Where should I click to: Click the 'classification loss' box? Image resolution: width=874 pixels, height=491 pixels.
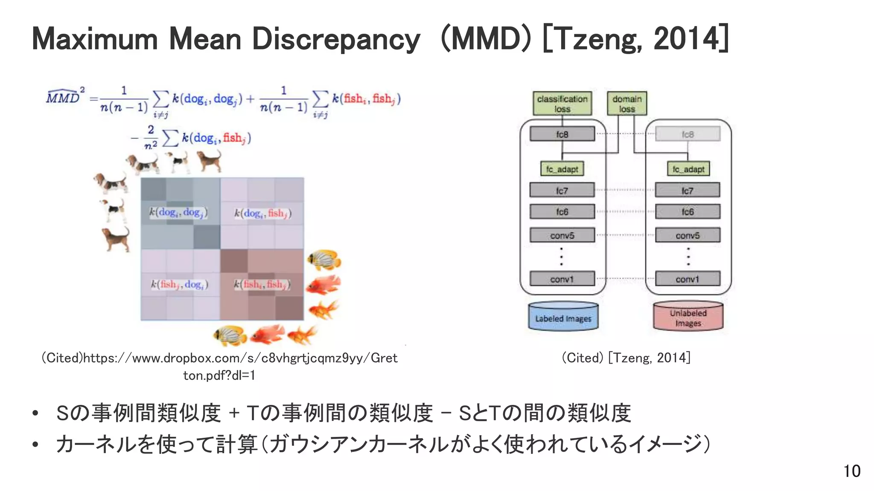(562, 104)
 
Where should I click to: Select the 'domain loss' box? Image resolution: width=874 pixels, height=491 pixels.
(627, 104)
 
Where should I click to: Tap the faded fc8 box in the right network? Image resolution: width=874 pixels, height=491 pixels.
(688, 134)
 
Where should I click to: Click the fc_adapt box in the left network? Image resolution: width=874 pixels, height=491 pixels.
(562, 169)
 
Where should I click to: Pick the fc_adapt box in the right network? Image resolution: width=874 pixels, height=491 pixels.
(688, 169)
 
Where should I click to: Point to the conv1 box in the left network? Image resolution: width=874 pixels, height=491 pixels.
(562, 279)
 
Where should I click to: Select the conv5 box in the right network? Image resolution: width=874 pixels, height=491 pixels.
(688, 235)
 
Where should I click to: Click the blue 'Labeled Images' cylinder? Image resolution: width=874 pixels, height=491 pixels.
(563, 317)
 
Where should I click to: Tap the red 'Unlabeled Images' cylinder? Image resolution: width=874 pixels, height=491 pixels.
(688, 317)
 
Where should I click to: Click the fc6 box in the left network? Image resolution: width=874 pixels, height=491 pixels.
(562, 212)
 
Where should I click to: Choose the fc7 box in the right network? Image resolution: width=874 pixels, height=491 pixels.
(688, 191)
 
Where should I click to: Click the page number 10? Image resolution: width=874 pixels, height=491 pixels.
(852, 471)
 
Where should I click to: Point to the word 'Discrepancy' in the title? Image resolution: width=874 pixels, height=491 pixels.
(336, 39)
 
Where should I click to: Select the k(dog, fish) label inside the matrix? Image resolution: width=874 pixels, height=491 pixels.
(262, 213)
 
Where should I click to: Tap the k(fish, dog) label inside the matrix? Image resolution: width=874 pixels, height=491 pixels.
(180, 284)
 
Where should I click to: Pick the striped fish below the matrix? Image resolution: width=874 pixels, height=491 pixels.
(230, 335)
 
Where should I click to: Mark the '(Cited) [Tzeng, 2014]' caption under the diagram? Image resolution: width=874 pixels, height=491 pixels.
(626, 358)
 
